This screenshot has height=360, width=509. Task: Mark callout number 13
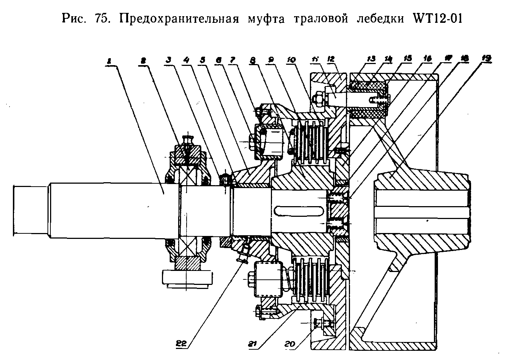tap(371, 59)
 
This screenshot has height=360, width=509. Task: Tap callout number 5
tap(202, 59)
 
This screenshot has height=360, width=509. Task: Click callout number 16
tap(428, 58)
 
